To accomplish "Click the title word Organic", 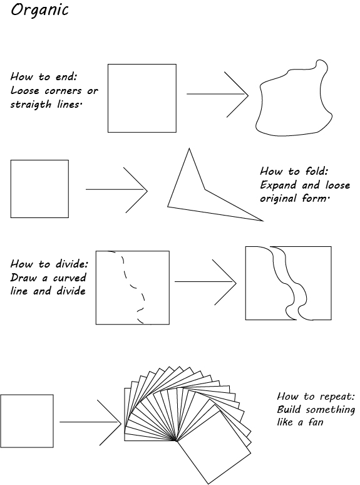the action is pyautogui.click(x=39, y=11).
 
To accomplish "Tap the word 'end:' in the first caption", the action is pyautogui.click(x=66, y=76).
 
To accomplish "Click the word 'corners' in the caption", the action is pyautogui.click(x=63, y=91).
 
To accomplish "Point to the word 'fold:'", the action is pyautogui.click(x=317, y=171).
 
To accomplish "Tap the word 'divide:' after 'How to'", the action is pyautogui.click(x=72, y=264).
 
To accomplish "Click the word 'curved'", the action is pyautogui.click(x=69, y=278).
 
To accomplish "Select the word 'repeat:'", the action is pyautogui.click(x=337, y=397).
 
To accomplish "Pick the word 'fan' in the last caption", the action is pyautogui.click(x=315, y=422).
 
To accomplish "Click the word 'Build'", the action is pyautogui.click(x=289, y=410).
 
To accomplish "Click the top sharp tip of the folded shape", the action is pyautogui.click(x=189, y=149).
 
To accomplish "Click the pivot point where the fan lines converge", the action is pyautogui.click(x=177, y=441).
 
